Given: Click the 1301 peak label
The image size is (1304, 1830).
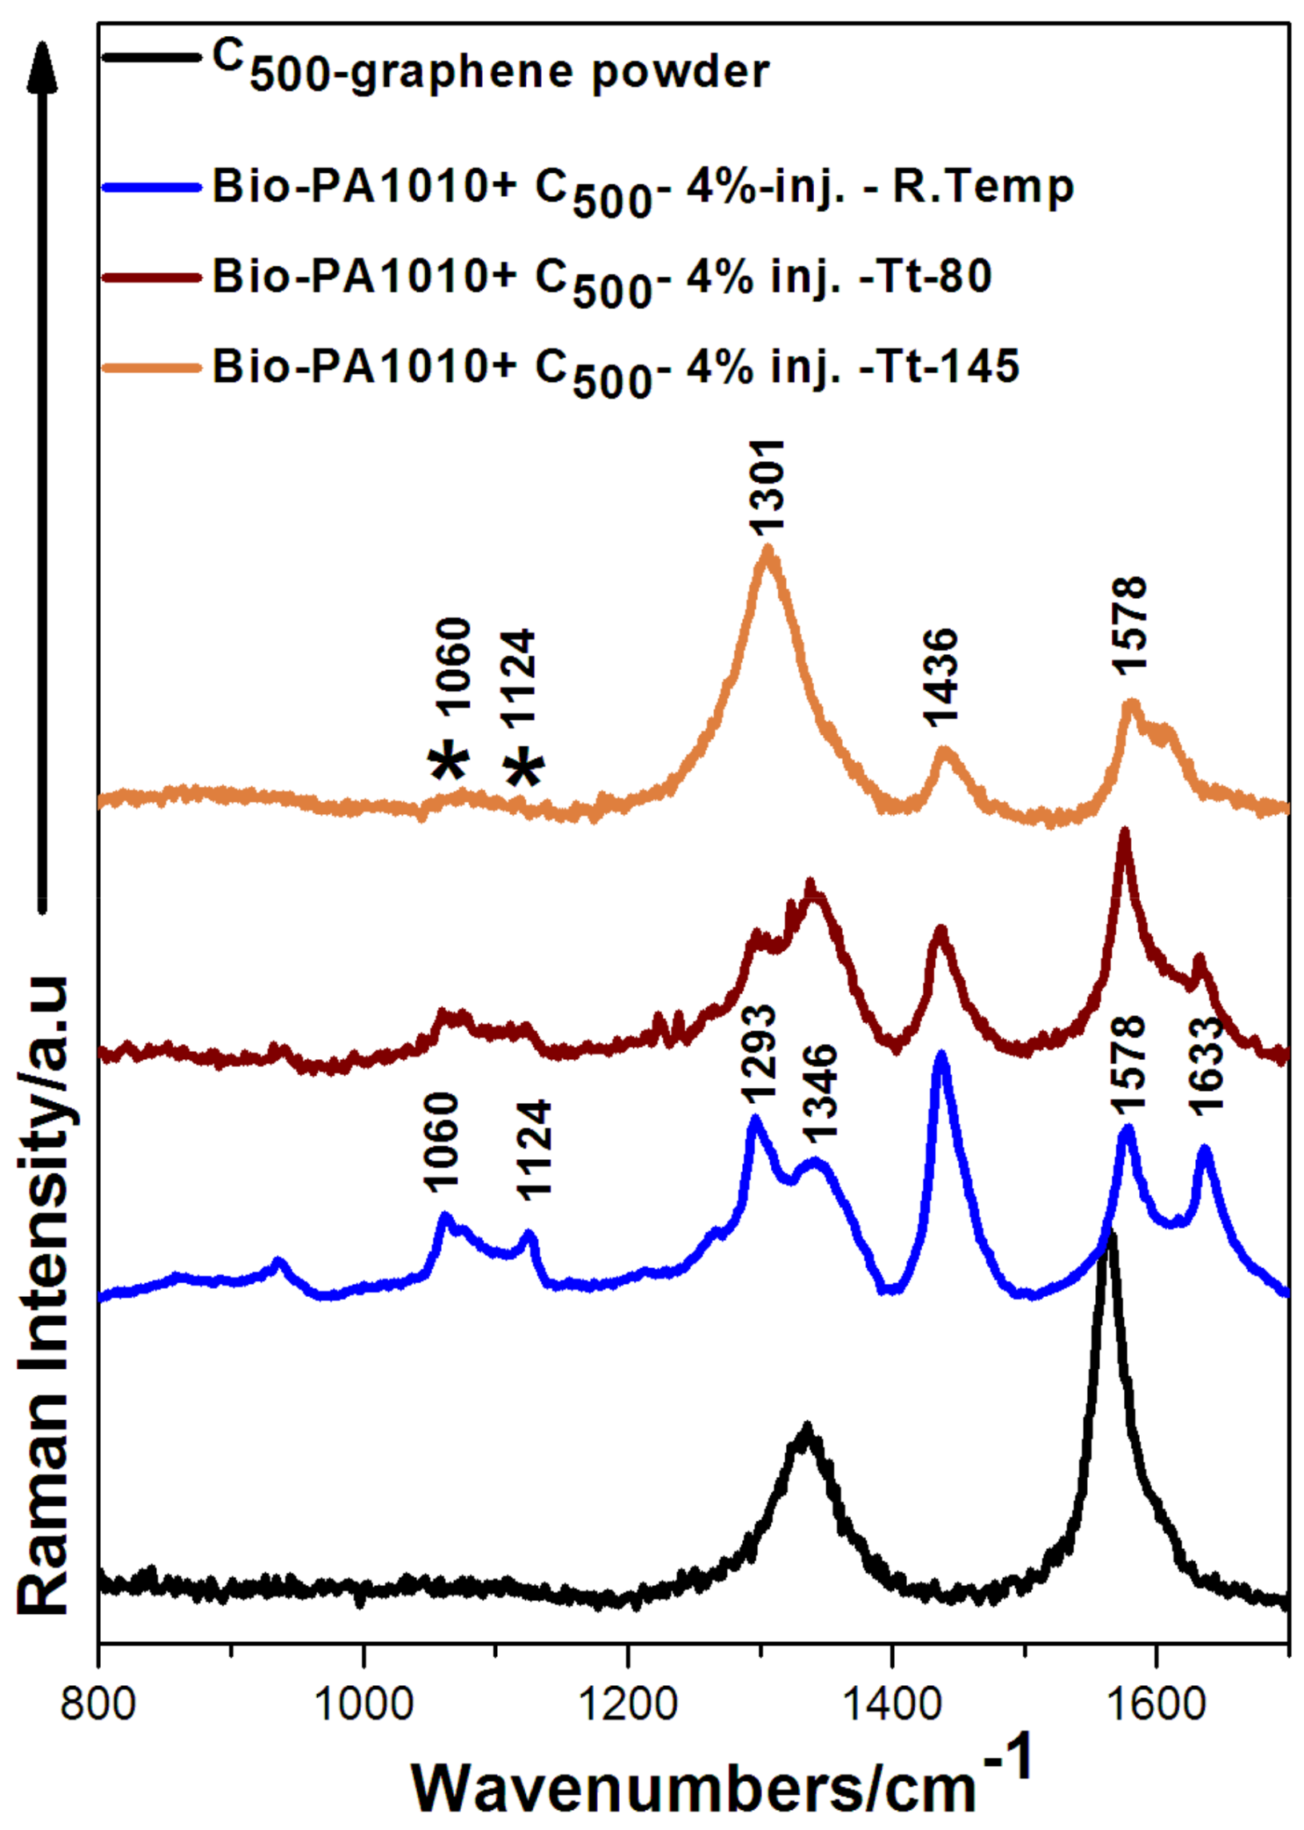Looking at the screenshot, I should click(x=766, y=488).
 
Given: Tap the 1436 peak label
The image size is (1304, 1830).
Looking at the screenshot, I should click(x=941, y=676).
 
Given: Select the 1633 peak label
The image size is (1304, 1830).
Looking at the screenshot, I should click(x=1206, y=1064).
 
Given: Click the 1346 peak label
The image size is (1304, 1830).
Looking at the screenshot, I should click(x=819, y=1093).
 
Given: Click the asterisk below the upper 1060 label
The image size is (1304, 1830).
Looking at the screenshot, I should click(x=449, y=760).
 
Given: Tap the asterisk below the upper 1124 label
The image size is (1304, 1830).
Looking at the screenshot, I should click(x=525, y=767).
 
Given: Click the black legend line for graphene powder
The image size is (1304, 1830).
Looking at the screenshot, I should click(x=151, y=57).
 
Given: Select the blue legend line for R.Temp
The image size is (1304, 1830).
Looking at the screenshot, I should click(x=151, y=187).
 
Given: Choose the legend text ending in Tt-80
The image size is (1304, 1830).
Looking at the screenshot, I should click(x=602, y=279).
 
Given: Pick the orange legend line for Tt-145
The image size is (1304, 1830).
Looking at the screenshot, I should click(x=151, y=367).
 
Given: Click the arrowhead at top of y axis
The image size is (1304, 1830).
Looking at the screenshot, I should click(x=43, y=68).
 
